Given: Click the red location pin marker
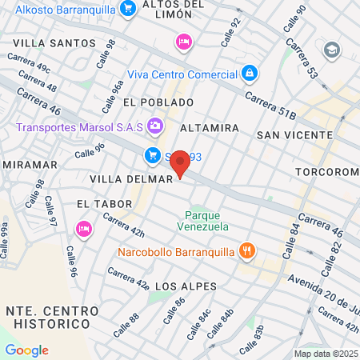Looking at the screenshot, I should click(181, 164).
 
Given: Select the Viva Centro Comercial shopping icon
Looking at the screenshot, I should click(250, 74).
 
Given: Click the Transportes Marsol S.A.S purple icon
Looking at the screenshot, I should click(154, 126).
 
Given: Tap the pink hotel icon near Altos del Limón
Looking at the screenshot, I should click(184, 40).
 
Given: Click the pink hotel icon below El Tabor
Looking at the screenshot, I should click(83, 230).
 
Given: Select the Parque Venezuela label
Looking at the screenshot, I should click(207, 221).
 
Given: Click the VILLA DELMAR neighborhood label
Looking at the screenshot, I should click(131, 179).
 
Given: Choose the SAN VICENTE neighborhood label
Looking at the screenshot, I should click(288, 135).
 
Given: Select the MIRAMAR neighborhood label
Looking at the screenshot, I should click(30, 164).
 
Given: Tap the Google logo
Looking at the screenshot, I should click(26, 350).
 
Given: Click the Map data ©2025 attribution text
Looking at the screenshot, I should click(325, 354).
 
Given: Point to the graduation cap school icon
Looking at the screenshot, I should click(331, 51).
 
